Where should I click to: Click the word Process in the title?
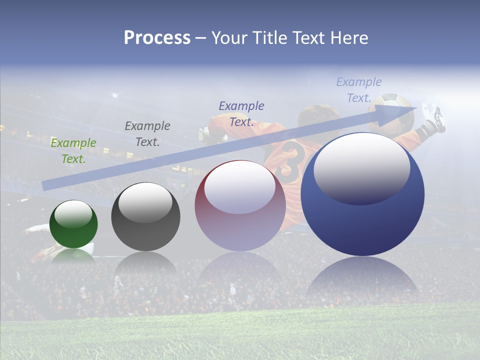(x=157, y=38)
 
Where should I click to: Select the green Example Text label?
(x=73, y=151)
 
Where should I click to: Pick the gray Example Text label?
(x=147, y=134)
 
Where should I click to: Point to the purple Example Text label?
(x=241, y=114)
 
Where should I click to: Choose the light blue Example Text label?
(x=358, y=90)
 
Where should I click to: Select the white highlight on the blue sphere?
(x=361, y=167)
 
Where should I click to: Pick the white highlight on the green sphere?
(x=73, y=213)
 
